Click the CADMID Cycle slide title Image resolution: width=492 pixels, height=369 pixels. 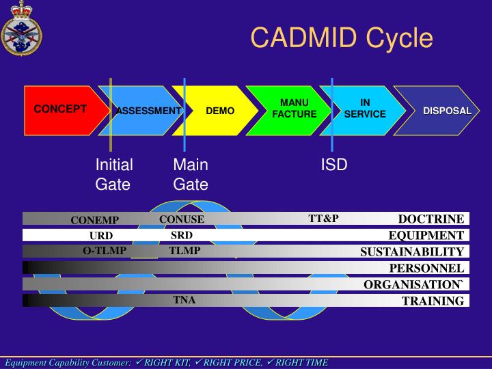[341, 37]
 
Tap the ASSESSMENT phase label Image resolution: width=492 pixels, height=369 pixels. [148, 111]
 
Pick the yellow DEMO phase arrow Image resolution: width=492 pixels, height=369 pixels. [220, 111]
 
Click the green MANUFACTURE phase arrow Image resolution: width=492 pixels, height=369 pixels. [294, 109]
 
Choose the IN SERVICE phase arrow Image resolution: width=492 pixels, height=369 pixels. [365, 109]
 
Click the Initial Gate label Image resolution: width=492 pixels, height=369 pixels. [114, 174]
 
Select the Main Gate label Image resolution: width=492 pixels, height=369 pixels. [191, 174]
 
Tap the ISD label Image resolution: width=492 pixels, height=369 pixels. [334, 165]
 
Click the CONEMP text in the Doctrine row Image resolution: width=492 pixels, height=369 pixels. [95, 220]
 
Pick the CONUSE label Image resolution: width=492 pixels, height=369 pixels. [182, 219]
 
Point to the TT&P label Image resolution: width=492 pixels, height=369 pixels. [323, 219]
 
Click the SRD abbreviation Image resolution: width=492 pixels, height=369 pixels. [182, 235]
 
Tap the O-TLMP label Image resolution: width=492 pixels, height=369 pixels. [105, 251]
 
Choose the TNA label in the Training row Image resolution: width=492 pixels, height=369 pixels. [184, 299]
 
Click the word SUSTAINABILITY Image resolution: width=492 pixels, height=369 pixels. [412, 252]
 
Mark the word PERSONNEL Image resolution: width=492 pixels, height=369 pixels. [426, 269]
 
